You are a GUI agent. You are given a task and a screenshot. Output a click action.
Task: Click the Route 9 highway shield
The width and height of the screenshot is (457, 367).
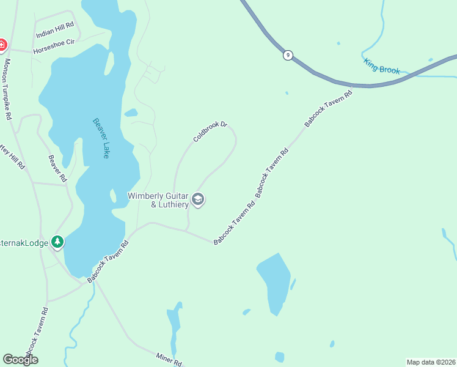pyautogui.click(x=288, y=56)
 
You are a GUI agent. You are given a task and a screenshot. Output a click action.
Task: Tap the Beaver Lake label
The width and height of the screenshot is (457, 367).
pyautogui.click(x=100, y=138)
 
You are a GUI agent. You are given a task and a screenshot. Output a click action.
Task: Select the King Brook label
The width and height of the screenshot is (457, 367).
pyautogui.click(x=381, y=66)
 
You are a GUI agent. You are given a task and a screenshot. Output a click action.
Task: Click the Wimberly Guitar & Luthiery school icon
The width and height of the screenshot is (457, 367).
pyautogui.click(x=197, y=199)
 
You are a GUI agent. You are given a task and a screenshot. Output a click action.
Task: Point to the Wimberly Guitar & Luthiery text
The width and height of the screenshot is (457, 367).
pyautogui.click(x=158, y=200)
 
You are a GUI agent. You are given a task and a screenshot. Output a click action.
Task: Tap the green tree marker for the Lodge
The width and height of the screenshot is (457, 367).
pyautogui.click(x=57, y=242)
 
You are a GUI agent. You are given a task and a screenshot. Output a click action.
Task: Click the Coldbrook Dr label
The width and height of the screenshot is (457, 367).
pyautogui.click(x=210, y=132)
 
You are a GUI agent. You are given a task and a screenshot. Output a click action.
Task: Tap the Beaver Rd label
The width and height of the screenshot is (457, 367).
pyautogui.click(x=57, y=168)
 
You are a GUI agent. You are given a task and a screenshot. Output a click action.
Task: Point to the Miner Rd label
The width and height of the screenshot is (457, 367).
pyautogui.click(x=168, y=358)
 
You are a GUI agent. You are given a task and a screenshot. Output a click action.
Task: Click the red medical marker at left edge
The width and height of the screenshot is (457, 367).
pyautogui.click(x=2, y=45)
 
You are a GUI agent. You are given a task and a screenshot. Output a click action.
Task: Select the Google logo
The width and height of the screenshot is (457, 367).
pyautogui.click(x=20, y=360)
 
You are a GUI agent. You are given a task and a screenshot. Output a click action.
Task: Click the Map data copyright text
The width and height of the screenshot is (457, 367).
pyautogui.click(x=430, y=362)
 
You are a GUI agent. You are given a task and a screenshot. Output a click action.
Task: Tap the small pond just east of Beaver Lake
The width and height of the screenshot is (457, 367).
pyautogui.click(x=131, y=113)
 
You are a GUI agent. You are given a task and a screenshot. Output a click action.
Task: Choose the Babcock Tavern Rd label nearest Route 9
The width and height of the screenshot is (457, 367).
pyautogui.click(x=329, y=109)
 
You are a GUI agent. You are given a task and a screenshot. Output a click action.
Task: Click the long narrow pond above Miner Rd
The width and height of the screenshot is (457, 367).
pyautogui.click(x=175, y=327)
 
